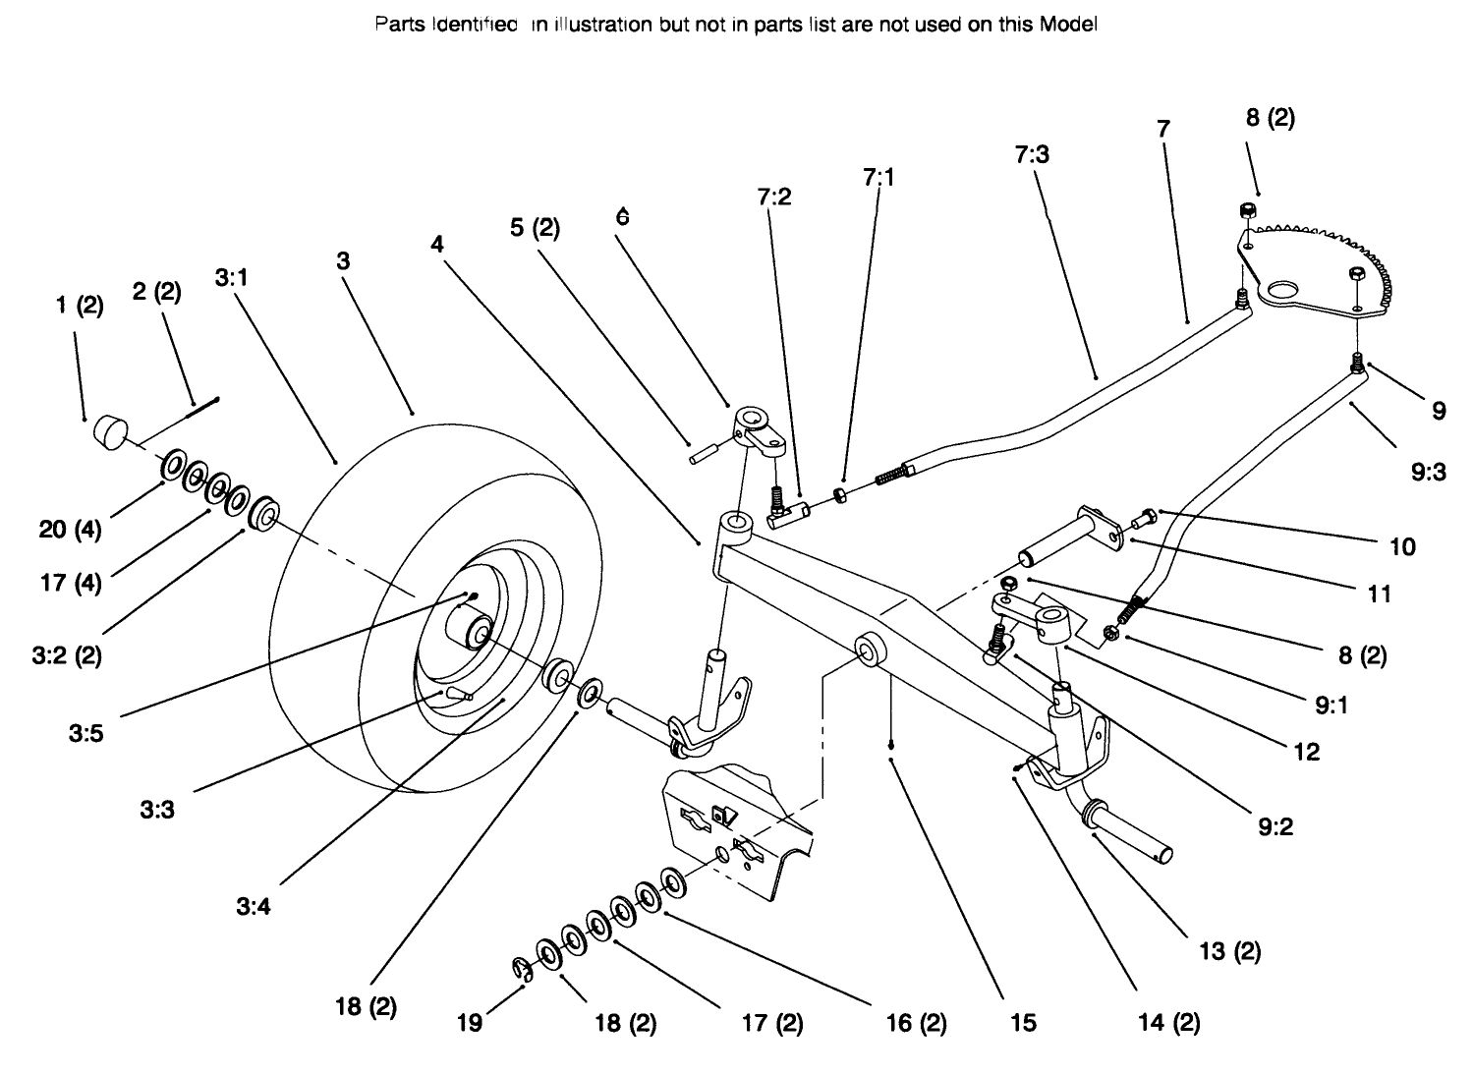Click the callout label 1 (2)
(79, 305)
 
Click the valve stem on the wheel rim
(456, 694)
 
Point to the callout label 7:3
(1031, 154)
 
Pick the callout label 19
(470, 1023)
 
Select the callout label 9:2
(1275, 826)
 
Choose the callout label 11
(1380, 594)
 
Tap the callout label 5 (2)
(535, 228)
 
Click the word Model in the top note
(1068, 26)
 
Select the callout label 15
(1023, 1023)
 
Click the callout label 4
(437, 244)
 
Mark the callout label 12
(1307, 752)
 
